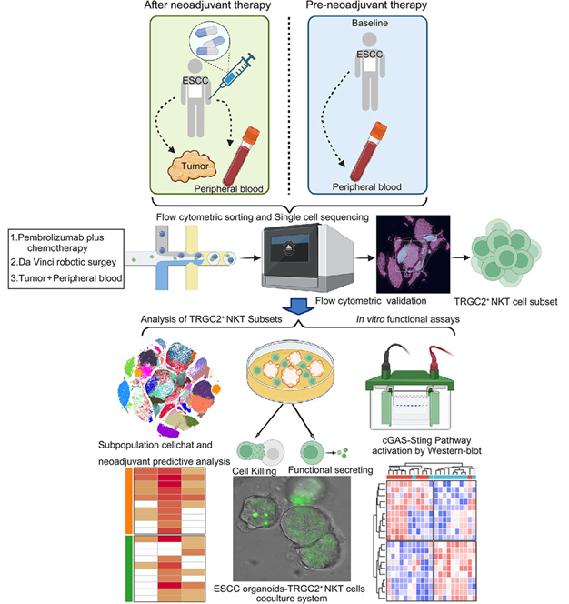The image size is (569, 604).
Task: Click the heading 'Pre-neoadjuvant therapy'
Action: click(374, 8)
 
